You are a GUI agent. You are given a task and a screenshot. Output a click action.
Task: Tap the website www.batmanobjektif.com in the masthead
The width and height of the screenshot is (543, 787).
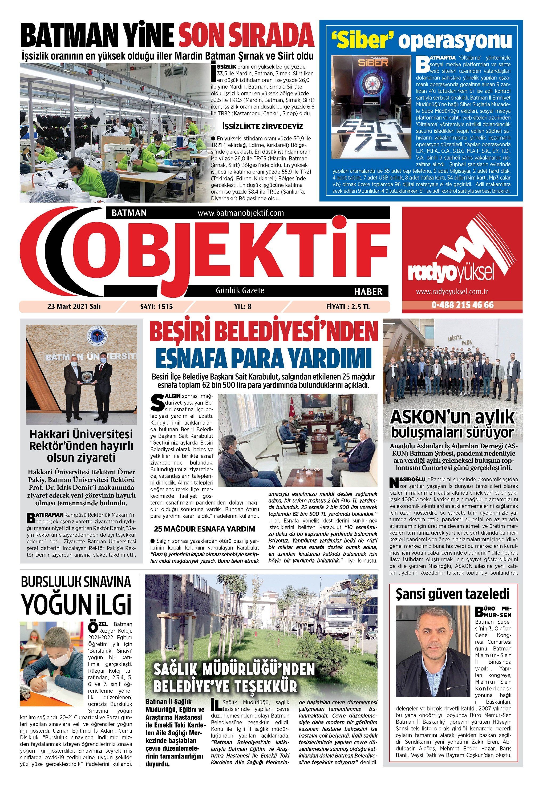click(241, 213)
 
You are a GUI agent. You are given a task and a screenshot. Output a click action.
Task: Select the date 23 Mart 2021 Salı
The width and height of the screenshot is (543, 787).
click(74, 306)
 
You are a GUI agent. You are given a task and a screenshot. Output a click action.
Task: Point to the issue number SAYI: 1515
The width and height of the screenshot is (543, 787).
click(156, 306)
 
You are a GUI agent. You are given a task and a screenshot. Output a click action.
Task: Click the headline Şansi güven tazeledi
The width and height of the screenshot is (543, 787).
click(453, 594)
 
